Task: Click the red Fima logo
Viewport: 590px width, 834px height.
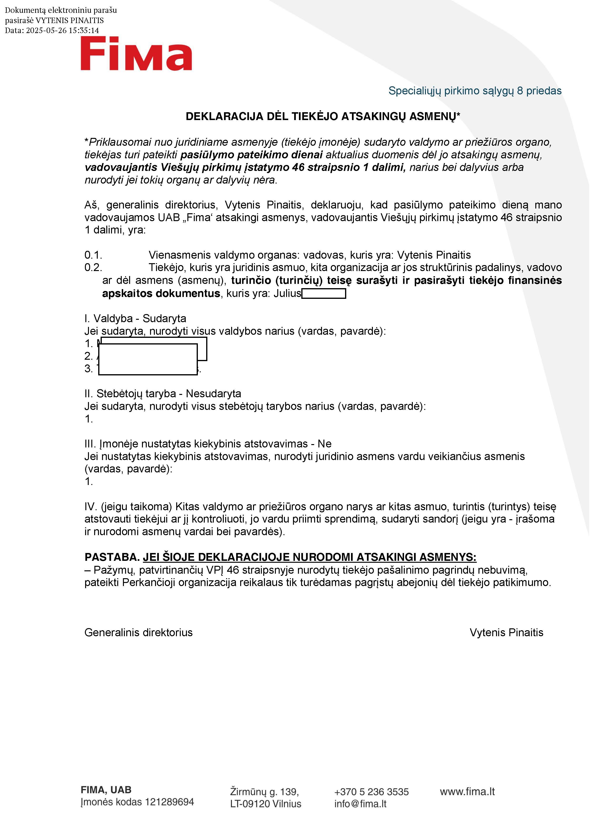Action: pos(136,54)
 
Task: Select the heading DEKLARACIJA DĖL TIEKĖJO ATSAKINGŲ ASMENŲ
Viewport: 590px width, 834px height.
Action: pos(323,116)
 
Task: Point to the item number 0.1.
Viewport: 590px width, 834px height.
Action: pos(93,255)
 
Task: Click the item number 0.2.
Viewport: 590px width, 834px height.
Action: pos(93,268)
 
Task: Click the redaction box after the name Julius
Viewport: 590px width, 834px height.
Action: pos(324,294)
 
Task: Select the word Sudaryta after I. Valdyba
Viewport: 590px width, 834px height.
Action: pos(164,319)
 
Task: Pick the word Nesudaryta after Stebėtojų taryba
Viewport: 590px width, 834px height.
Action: pos(213,394)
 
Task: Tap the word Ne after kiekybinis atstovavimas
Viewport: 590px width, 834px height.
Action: pos(324,444)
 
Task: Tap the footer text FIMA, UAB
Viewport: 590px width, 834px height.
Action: pos(106,790)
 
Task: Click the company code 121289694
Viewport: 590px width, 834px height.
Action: pos(169,802)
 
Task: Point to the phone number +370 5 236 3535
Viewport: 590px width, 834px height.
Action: pos(371,791)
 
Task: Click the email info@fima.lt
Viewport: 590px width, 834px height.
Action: pos(360,804)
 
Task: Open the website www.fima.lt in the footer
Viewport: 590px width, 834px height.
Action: pos(467,791)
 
